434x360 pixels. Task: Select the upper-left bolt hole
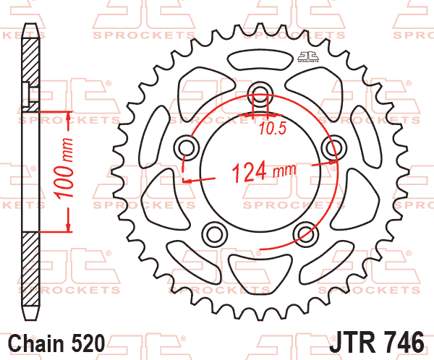pyautogui.click(x=185, y=148)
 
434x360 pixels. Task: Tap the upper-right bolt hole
pyautogui.click(x=333, y=148)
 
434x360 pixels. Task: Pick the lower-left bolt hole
pyautogui.click(x=213, y=232)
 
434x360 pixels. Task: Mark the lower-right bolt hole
pyautogui.click(x=305, y=232)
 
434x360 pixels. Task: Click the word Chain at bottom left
pyautogui.click(x=36, y=341)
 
